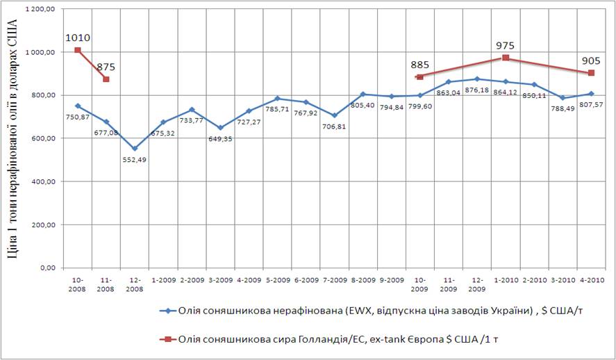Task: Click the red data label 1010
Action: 78,38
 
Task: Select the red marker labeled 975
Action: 506,58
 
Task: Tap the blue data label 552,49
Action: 135,160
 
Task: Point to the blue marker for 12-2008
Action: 135,149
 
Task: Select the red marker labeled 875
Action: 106,79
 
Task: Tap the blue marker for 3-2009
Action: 220,128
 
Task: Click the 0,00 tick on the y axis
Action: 46,268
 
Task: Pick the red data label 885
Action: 419,65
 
